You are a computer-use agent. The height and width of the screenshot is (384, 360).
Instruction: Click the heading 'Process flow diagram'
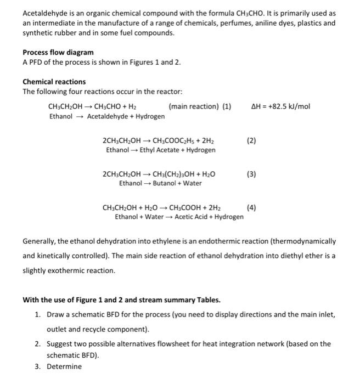pos(58,52)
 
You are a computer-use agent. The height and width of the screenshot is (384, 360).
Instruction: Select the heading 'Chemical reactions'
pos(54,82)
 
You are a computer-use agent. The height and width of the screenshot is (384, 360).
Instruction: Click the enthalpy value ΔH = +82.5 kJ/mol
pos(280,106)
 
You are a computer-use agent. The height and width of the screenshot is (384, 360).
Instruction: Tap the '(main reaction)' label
pos(193,106)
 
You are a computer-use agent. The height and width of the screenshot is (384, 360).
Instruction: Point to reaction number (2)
pos(251,140)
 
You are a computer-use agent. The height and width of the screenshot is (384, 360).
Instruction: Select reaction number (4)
pos(251,207)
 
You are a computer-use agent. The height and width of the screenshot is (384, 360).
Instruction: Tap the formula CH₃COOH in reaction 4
pos(186,207)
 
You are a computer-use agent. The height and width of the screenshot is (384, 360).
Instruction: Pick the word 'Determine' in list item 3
pos(64,366)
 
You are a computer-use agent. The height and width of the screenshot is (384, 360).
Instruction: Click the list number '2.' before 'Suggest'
pos(37,343)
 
